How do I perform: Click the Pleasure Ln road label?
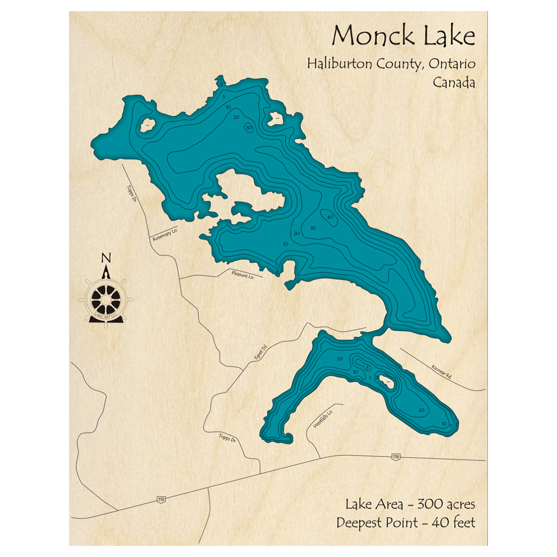(242, 275)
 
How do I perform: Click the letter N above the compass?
(106, 258)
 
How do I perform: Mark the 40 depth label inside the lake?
(330, 217)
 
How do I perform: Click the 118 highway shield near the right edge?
(395, 457)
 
